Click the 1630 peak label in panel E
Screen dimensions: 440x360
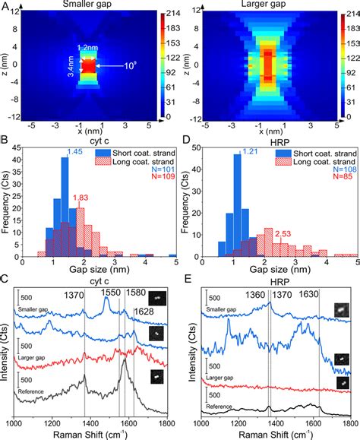point(319,291)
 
